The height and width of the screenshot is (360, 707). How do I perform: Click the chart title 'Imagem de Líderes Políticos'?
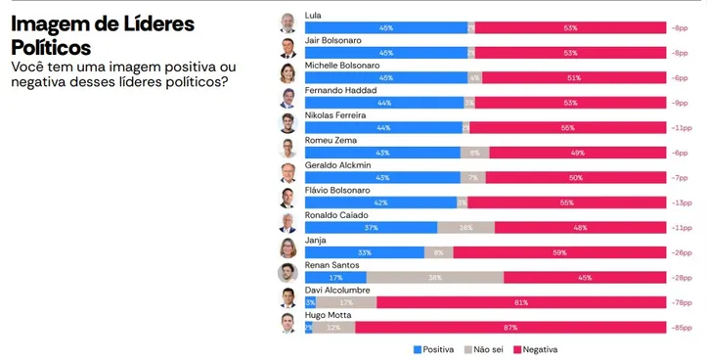(103, 35)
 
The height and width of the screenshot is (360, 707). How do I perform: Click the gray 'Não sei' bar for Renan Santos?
(435, 278)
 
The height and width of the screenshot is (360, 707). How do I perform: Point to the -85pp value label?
(681, 329)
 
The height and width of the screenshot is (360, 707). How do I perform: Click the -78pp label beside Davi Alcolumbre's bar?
(681, 303)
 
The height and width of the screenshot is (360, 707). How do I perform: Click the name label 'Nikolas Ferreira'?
(336, 115)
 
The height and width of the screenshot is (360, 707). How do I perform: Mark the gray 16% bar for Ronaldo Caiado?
(465, 228)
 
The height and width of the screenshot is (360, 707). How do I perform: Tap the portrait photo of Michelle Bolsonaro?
(287, 72)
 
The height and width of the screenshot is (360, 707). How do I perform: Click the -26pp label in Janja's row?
(681, 252)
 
